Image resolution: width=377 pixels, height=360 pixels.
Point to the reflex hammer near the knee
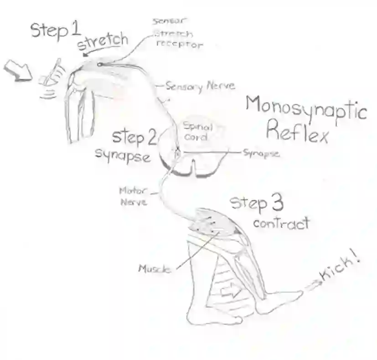[53, 73]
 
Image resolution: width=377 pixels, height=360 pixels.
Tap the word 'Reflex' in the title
[297, 133]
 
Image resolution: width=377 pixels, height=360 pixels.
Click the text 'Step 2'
[135, 136]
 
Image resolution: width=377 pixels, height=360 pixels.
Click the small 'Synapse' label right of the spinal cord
[261, 154]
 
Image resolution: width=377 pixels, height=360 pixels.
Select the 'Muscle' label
[154, 268]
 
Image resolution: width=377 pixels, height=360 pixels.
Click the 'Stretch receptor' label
[178, 39]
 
